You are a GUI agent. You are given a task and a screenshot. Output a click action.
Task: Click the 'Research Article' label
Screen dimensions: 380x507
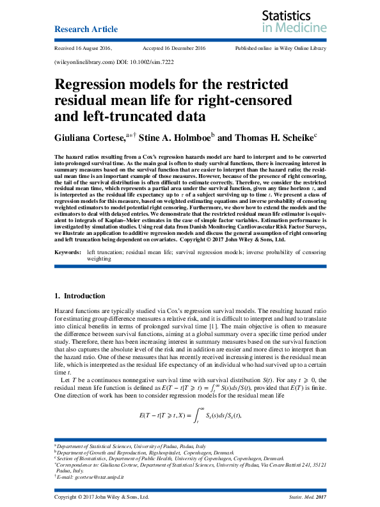[86, 29]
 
